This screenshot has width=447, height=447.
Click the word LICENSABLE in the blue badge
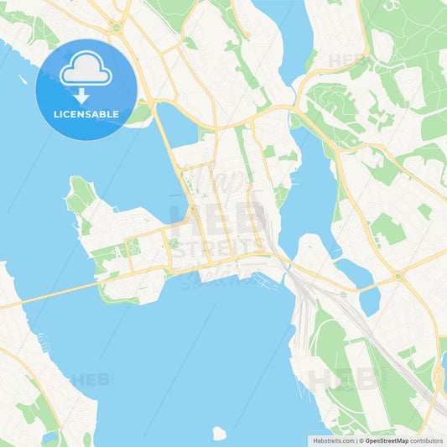[86, 114]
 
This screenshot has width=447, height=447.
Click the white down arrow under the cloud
[82, 94]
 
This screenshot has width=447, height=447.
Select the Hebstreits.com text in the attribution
[332, 439]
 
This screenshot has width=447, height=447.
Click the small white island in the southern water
[220, 434]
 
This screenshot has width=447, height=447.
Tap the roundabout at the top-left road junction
[116, 28]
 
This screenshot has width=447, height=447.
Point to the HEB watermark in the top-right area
[346, 60]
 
